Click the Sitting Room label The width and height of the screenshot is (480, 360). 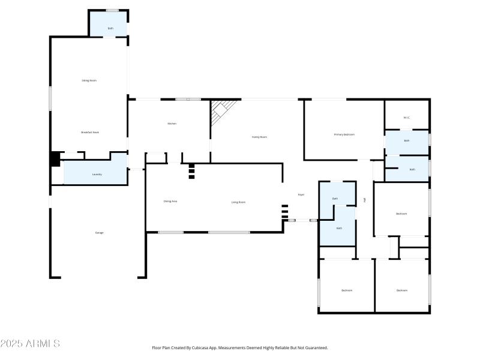pyautogui.click(x=89, y=80)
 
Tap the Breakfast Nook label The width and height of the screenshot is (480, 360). pyautogui.click(x=90, y=133)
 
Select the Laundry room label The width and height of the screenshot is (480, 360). pyautogui.click(x=97, y=175)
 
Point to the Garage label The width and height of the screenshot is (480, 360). pyautogui.click(x=99, y=233)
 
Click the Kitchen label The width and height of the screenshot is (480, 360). pyautogui.click(x=172, y=124)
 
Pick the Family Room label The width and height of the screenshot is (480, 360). pyautogui.click(x=259, y=137)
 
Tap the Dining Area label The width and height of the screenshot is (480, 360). pyautogui.click(x=170, y=201)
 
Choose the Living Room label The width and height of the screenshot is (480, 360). pyautogui.click(x=238, y=202)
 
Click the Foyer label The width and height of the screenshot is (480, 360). pyautogui.click(x=301, y=194)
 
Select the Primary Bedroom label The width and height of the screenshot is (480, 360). pyautogui.click(x=344, y=134)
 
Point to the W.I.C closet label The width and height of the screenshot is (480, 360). pyautogui.click(x=406, y=118)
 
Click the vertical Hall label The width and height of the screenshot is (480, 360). pyautogui.click(x=365, y=200)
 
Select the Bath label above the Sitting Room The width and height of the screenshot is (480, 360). pyautogui.click(x=110, y=28)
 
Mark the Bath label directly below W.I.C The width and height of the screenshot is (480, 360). pyautogui.click(x=406, y=141)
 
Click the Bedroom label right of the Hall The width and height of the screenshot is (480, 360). pyautogui.click(x=401, y=214)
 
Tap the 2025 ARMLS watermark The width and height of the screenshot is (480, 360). pyautogui.click(x=30, y=344)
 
